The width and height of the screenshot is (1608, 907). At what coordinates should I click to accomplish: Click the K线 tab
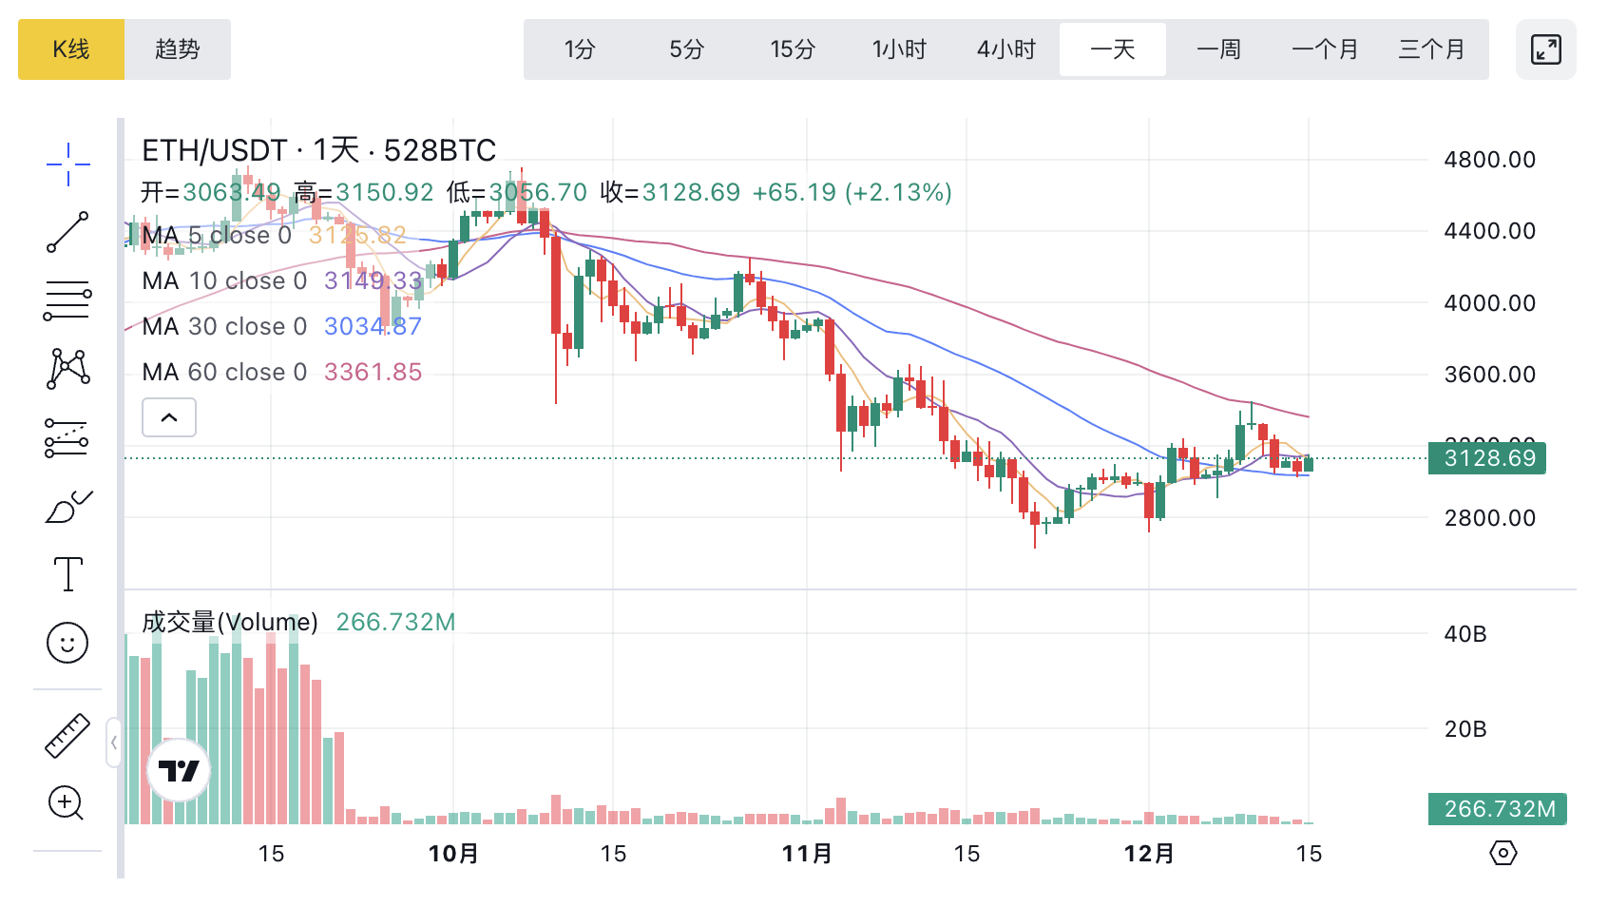[x=71, y=49]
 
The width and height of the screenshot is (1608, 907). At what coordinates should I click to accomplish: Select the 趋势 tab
[x=178, y=49]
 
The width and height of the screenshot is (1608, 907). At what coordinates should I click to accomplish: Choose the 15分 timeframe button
[x=793, y=49]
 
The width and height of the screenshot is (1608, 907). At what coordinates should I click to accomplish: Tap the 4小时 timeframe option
[x=1006, y=49]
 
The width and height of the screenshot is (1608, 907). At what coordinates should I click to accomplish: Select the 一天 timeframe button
[x=1113, y=49]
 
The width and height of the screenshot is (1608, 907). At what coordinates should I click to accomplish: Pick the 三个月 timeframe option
[x=1431, y=49]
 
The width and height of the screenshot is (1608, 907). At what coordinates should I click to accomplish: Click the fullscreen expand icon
[x=1546, y=49]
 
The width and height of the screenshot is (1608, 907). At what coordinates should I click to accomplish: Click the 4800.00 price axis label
[x=1489, y=160]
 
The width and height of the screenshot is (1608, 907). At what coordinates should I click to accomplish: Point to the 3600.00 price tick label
[x=1489, y=375]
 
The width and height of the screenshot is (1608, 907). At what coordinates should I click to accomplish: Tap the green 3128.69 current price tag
[x=1487, y=458]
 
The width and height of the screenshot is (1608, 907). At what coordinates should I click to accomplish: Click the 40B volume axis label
[x=1465, y=634]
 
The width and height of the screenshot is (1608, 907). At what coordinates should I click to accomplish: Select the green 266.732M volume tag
[x=1498, y=809]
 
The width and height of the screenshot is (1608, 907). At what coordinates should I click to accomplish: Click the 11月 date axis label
[x=807, y=854]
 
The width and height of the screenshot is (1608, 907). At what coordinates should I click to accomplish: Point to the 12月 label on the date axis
[x=1149, y=854]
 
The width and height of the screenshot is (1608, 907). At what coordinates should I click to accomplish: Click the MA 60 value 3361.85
[x=373, y=372]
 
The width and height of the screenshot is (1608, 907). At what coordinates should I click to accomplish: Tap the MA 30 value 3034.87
[x=373, y=326]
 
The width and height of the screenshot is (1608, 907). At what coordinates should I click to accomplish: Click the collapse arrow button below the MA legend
[x=169, y=417]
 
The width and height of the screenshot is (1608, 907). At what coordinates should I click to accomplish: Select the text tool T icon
[x=68, y=574]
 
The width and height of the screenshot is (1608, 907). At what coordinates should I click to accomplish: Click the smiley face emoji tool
[x=67, y=644]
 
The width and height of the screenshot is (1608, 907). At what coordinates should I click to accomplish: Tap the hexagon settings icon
[x=1503, y=853]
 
